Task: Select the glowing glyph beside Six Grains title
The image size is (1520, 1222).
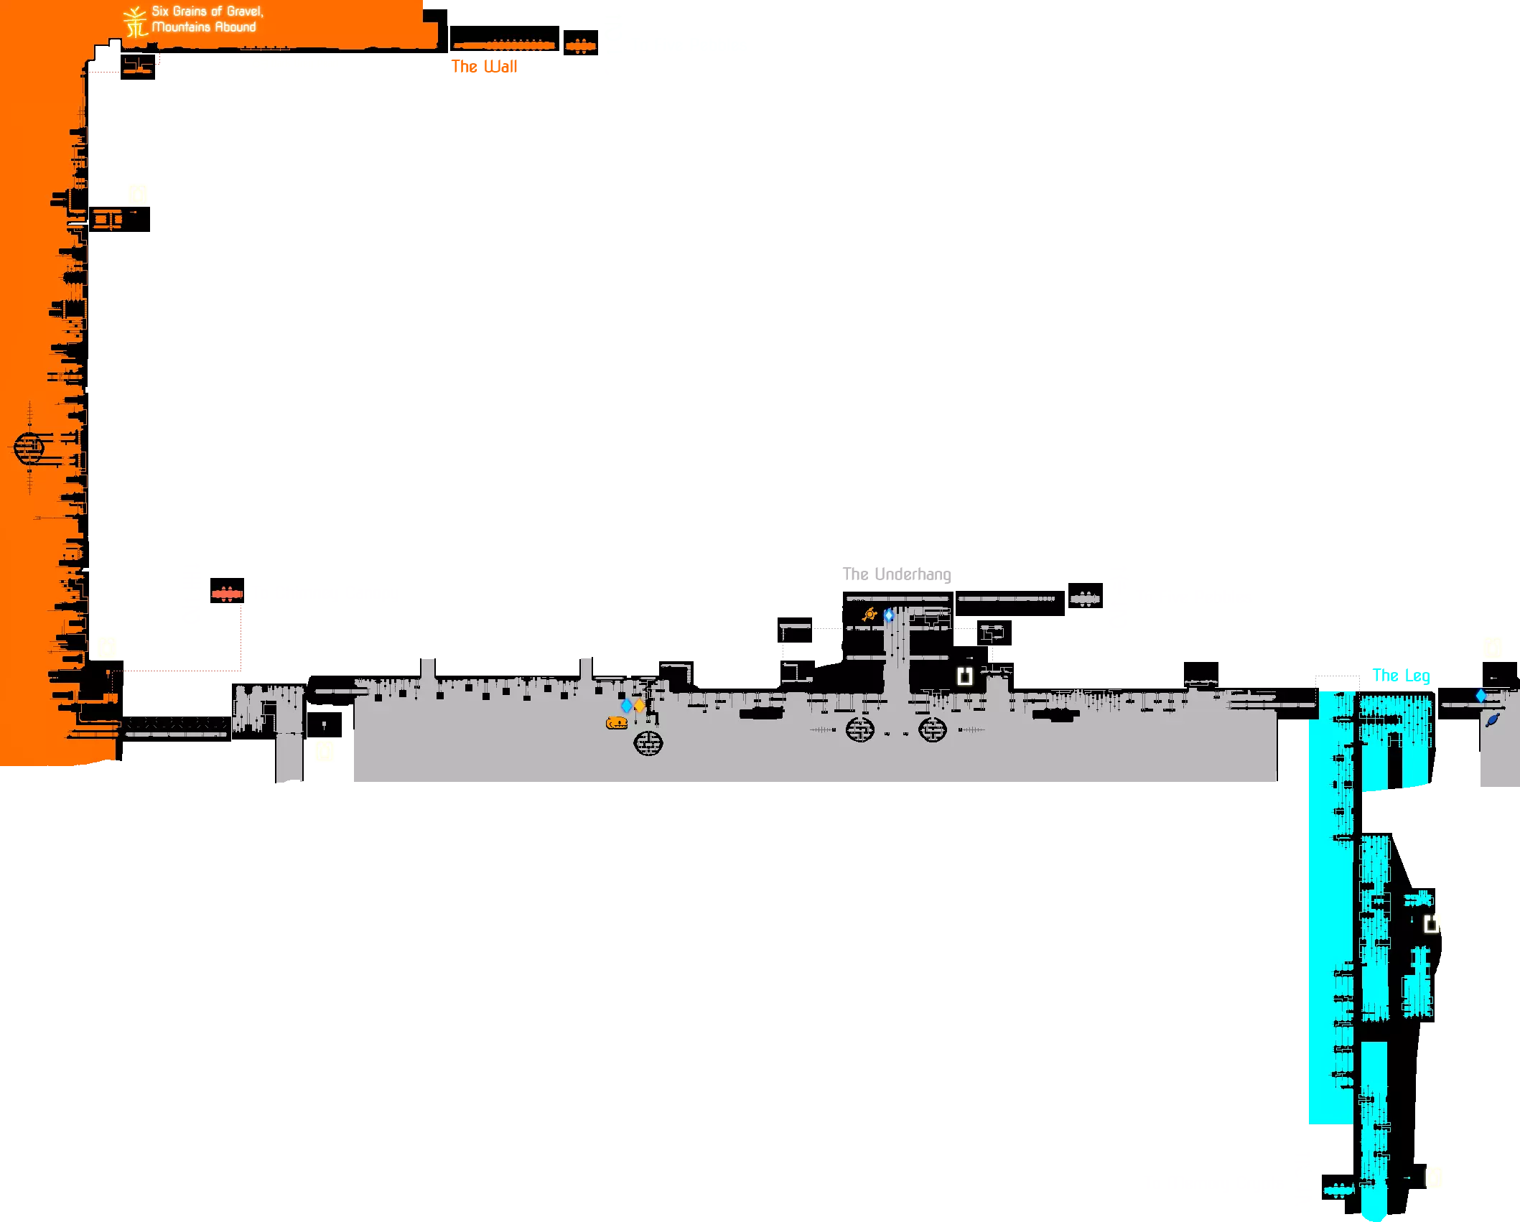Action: [135, 21]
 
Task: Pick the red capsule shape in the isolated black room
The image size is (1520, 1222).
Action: [227, 594]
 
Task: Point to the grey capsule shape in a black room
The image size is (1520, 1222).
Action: [1085, 598]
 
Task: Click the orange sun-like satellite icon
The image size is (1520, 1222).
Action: [870, 615]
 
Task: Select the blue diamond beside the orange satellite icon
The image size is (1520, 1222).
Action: [889, 615]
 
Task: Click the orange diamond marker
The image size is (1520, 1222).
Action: [639, 706]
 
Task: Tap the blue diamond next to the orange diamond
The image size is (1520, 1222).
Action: [626, 706]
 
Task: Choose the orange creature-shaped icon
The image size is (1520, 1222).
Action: [617, 722]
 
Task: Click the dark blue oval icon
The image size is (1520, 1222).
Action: [1493, 719]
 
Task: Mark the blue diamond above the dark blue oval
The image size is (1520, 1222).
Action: [1481, 696]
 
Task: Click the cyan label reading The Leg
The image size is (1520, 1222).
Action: [1400, 676]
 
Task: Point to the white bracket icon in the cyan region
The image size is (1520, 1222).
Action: [1431, 923]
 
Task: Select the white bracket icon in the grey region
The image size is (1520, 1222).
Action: [965, 676]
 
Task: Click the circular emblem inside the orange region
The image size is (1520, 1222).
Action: [29, 448]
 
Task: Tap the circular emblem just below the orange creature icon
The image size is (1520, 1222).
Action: [648, 742]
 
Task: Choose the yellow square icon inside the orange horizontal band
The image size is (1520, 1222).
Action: [137, 192]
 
